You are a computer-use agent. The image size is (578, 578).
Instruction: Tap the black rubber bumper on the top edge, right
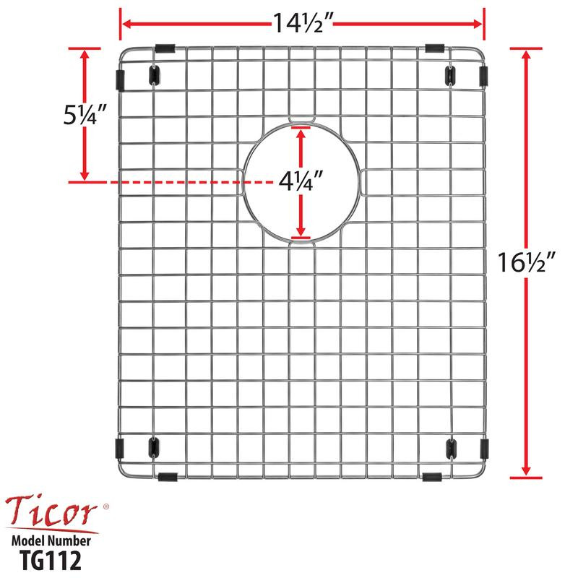click(x=434, y=48)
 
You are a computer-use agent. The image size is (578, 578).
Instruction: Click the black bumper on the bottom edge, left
click(x=166, y=476)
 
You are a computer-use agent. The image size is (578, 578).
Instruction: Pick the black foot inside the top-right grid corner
click(x=450, y=74)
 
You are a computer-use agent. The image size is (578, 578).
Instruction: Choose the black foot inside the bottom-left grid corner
click(x=152, y=447)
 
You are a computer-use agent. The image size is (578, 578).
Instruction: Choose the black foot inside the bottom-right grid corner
click(x=450, y=447)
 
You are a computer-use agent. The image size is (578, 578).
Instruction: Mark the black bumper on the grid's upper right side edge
click(x=483, y=76)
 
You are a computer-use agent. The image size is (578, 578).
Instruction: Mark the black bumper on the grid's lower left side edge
click(x=119, y=447)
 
